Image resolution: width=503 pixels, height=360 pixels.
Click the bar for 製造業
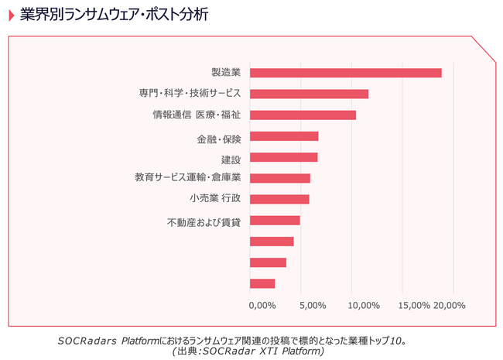346,73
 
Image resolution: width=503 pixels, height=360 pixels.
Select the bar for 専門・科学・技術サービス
310,94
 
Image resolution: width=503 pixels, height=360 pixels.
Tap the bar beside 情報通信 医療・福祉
303,115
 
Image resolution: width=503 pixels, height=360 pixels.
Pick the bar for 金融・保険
285,136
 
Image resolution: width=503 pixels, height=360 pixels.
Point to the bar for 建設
284,157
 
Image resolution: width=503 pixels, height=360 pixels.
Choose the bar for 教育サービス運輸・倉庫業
280,178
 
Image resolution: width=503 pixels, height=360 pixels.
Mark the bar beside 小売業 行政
280,199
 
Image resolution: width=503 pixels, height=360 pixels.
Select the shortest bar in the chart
263,283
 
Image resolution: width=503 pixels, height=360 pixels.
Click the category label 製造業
226,73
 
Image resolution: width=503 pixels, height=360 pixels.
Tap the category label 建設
231,159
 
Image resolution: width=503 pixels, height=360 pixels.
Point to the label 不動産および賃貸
204,222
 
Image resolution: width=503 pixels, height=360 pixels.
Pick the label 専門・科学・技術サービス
190,94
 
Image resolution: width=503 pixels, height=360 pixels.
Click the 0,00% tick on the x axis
262,305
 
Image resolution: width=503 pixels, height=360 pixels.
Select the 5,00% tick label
312,305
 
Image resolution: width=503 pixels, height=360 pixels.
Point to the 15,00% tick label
414,305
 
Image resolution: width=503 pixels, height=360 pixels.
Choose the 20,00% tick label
449,305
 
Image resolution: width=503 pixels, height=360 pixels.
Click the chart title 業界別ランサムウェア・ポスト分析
114,15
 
